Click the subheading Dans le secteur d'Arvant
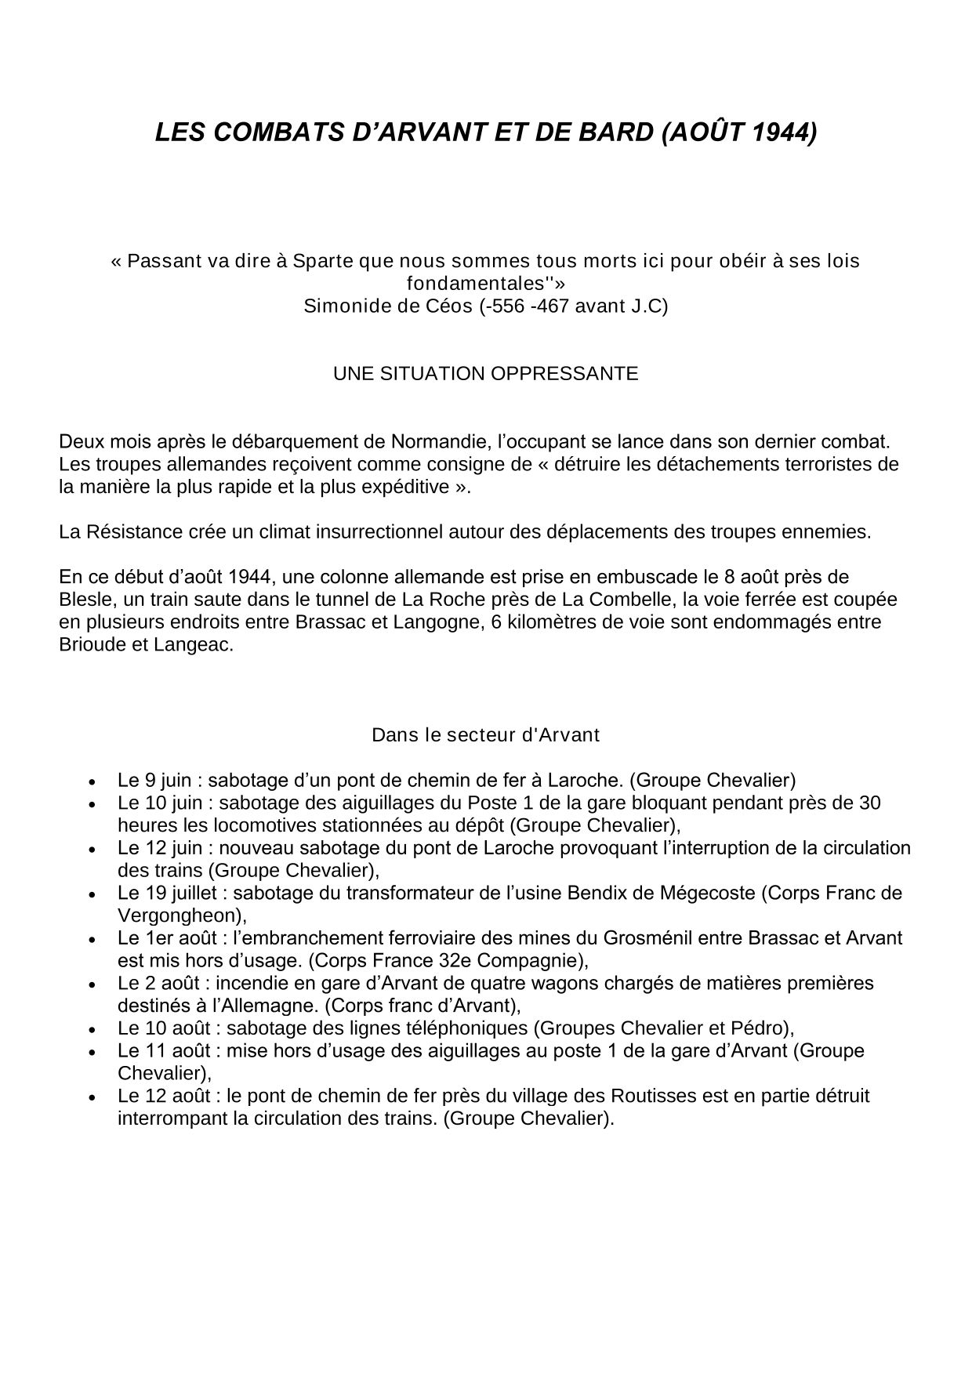485,735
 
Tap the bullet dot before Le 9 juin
93,782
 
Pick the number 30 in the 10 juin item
869,803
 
